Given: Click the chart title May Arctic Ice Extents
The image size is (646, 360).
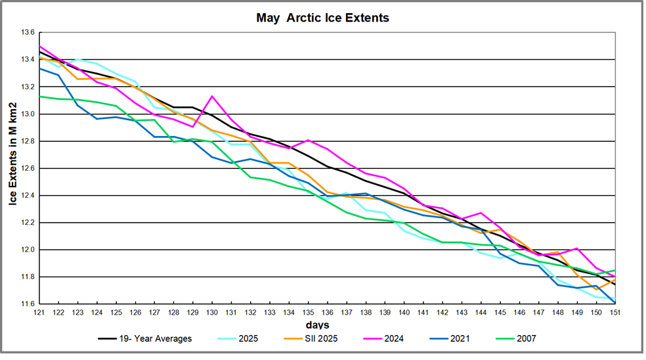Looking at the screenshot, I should click(322, 18).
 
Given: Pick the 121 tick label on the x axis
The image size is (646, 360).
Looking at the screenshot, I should click(39, 313).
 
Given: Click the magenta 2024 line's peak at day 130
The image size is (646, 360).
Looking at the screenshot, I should click(212, 97).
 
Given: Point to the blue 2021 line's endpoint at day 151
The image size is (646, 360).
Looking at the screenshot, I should click(614, 303).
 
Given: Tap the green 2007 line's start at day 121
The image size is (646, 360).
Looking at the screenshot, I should click(39, 97).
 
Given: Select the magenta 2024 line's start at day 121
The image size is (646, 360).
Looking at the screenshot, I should click(39, 46).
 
